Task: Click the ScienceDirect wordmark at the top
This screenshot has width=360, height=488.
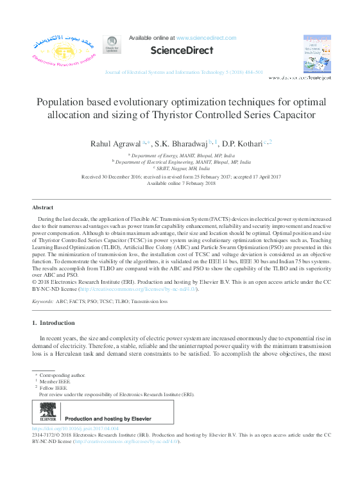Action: (x=181, y=51)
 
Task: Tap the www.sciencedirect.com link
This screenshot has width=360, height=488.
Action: (x=206, y=39)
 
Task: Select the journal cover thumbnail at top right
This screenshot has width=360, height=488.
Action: (x=317, y=51)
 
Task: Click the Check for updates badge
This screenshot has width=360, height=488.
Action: (x=112, y=44)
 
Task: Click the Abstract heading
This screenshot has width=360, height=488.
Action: (x=44, y=208)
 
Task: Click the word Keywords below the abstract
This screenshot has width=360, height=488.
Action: (x=42, y=301)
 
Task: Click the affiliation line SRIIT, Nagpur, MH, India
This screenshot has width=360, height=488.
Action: (x=182, y=168)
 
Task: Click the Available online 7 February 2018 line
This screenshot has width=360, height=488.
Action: (x=181, y=183)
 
